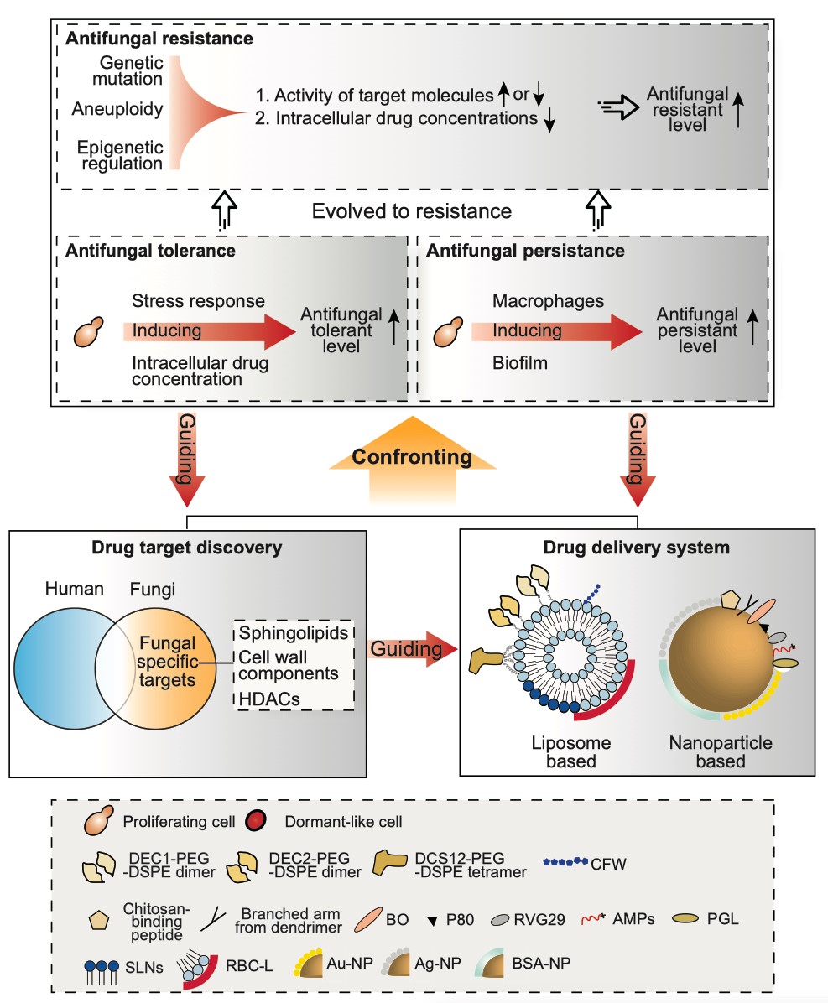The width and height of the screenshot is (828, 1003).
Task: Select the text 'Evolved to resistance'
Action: [411, 210]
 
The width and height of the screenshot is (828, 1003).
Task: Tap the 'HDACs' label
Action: [266, 697]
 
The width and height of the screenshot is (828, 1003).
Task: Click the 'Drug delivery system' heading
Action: [636, 548]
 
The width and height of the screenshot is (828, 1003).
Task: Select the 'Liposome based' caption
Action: [572, 751]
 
